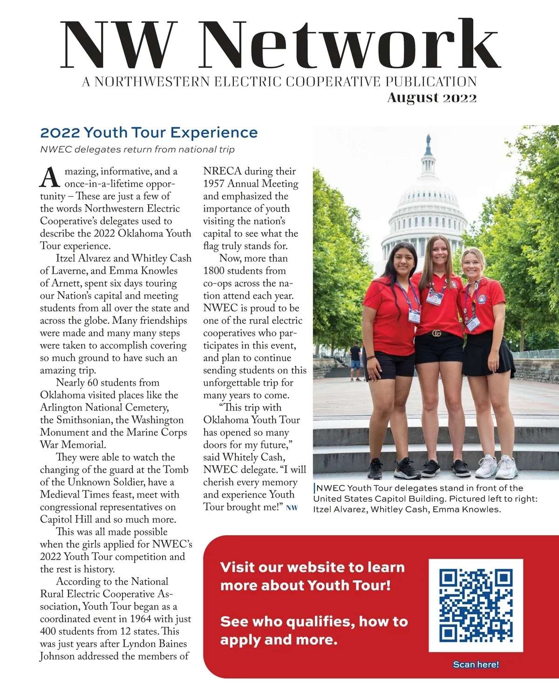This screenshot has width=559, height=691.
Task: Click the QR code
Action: pyautogui.click(x=476, y=605)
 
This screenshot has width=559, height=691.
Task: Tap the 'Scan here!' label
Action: pyautogui.click(x=476, y=664)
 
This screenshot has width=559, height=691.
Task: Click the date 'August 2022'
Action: pyautogui.click(x=432, y=97)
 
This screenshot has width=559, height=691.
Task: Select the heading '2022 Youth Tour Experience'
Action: pyautogui.click(x=149, y=132)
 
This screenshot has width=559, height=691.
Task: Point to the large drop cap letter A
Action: pyautogui.click(x=50, y=178)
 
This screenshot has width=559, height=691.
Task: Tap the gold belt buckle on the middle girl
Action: pyautogui.click(x=436, y=333)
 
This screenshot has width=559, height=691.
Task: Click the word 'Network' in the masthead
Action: pyautogui.click(x=349, y=46)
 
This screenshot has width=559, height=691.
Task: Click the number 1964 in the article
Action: pyautogui.click(x=141, y=619)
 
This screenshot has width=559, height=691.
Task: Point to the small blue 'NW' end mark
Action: pyautogui.click(x=292, y=508)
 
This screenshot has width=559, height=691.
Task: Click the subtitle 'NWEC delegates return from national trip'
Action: pyautogui.click(x=137, y=150)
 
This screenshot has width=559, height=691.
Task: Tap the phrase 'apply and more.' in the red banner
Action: pyautogui.click(x=279, y=640)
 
